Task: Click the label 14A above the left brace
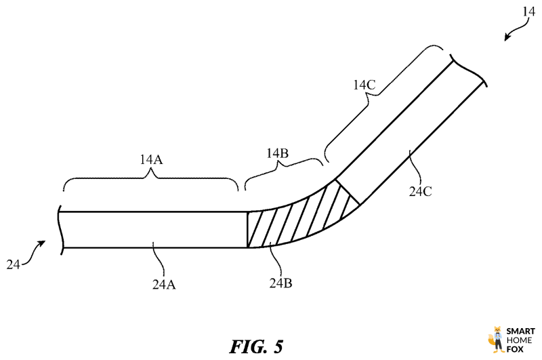click(x=151, y=161)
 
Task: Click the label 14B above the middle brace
click(x=278, y=154)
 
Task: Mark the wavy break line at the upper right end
click(x=470, y=71)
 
